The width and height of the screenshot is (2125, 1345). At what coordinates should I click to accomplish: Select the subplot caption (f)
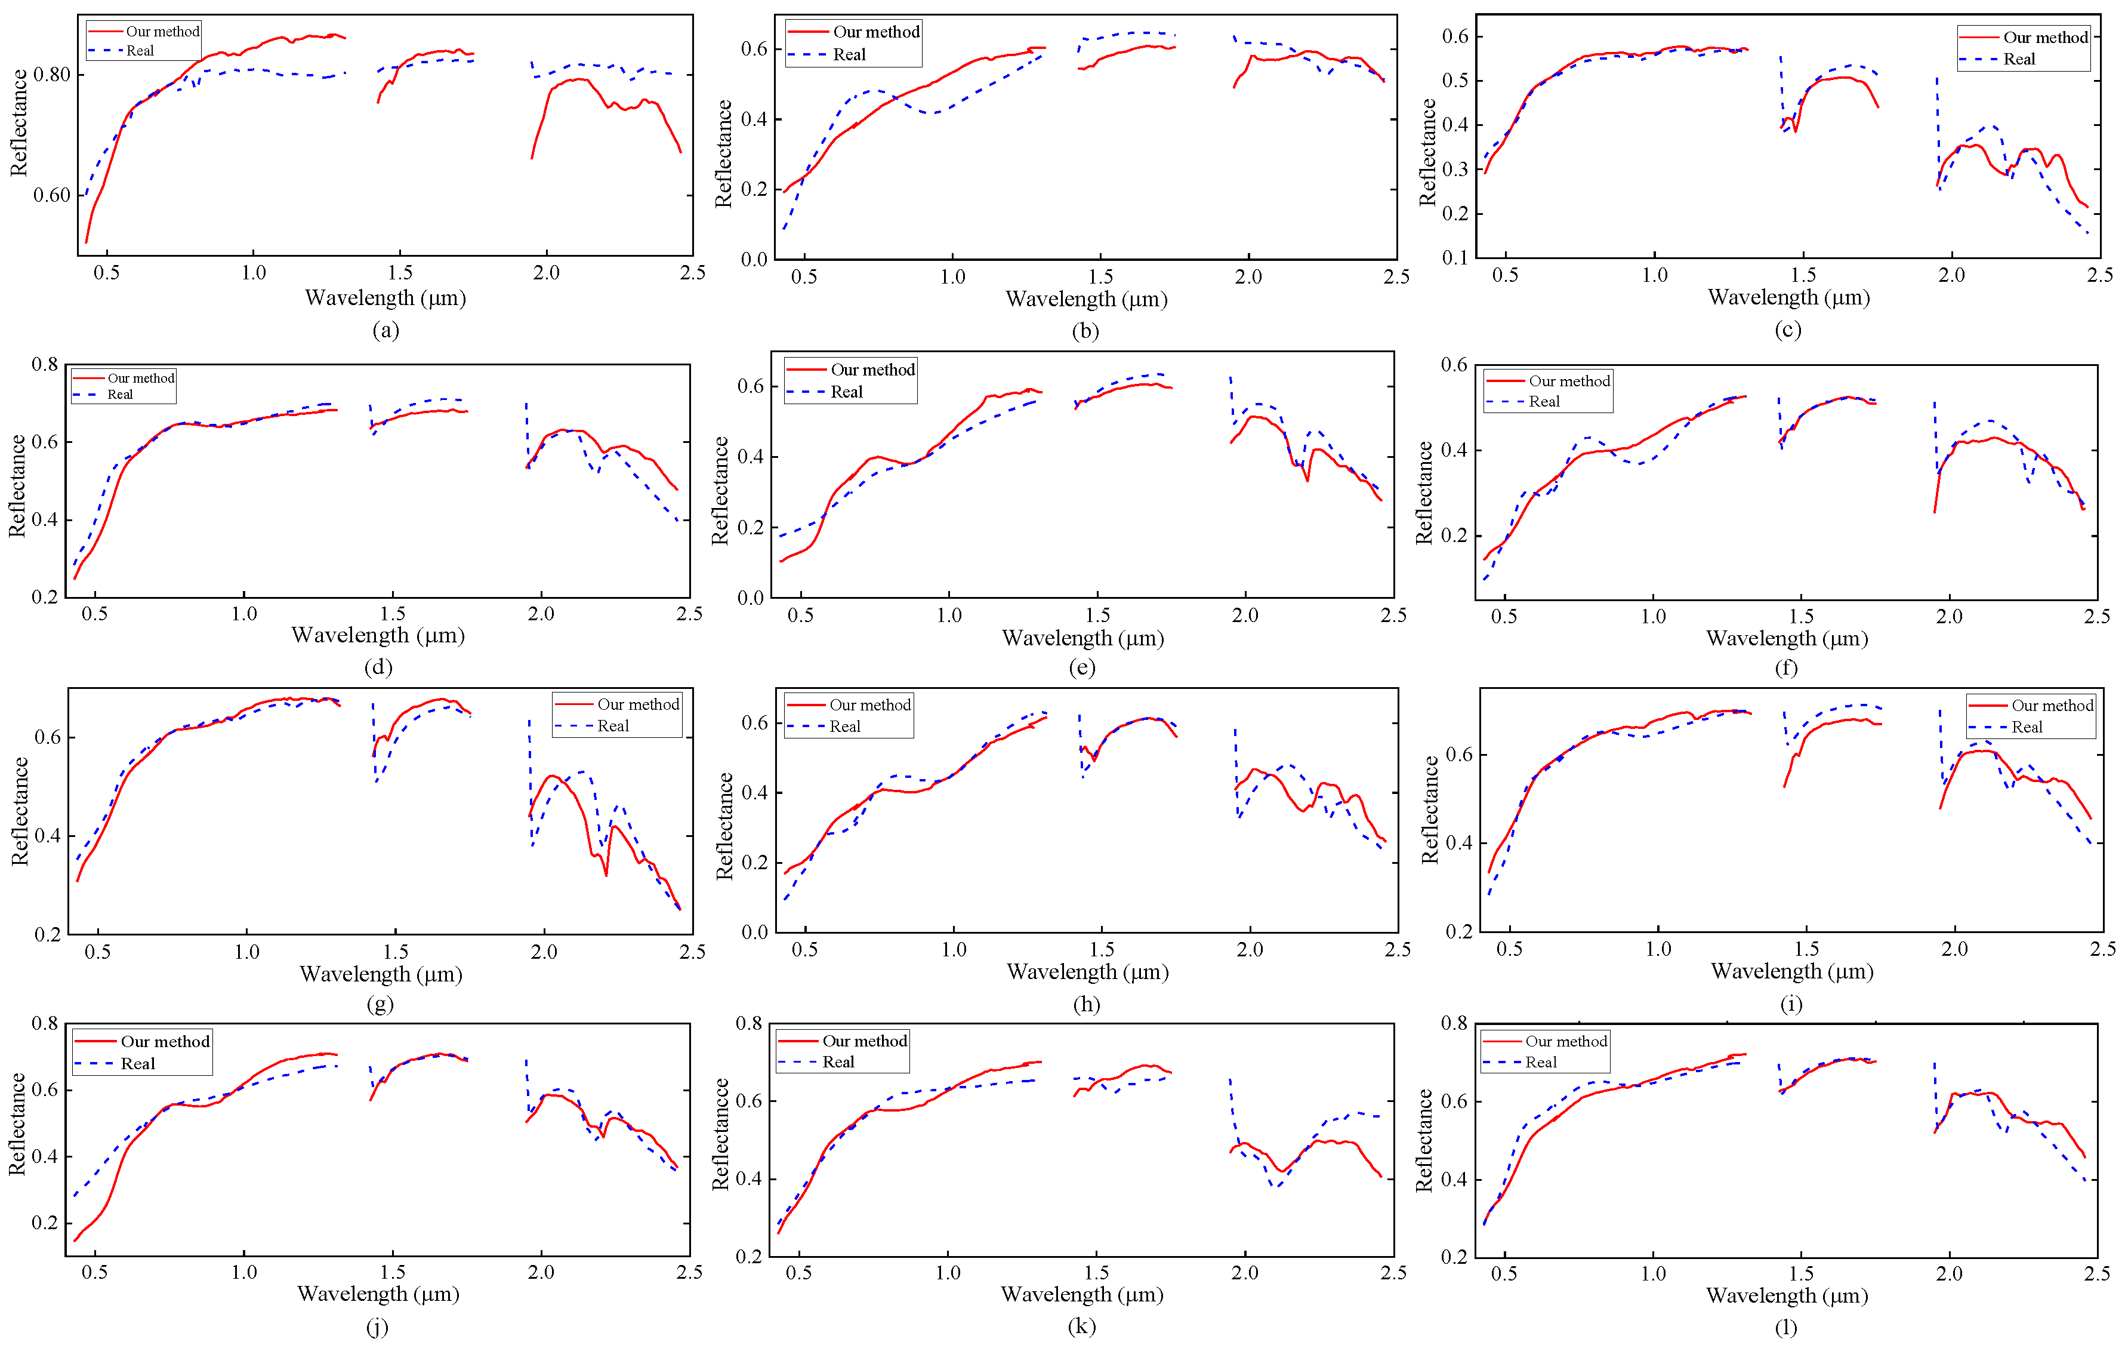click(x=1785, y=667)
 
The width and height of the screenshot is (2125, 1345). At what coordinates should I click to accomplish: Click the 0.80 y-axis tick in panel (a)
click(x=52, y=74)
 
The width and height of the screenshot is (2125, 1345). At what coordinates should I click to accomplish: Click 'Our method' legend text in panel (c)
click(x=2044, y=37)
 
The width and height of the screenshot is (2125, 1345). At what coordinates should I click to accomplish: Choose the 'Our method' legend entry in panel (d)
click(x=140, y=378)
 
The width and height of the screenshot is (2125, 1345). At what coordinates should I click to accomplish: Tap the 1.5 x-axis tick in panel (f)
click(x=1800, y=616)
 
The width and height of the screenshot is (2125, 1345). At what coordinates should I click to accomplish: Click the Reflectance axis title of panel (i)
click(x=1430, y=810)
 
